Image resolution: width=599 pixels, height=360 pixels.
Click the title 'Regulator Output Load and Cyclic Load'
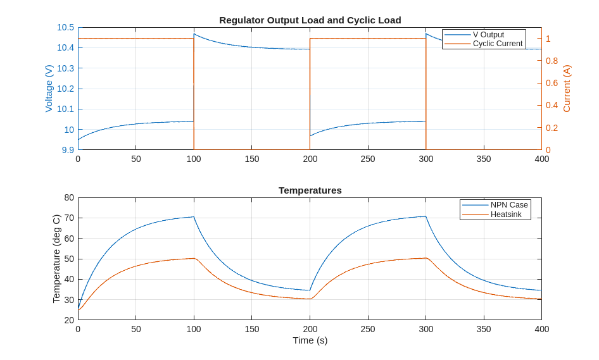tap(310, 20)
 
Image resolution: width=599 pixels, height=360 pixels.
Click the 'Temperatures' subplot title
tap(310, 190)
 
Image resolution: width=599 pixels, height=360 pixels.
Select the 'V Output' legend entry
tap(488, 35)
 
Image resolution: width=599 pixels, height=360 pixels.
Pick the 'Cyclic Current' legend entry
tap(497, 44)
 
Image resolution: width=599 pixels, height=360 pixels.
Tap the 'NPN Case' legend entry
tap(508, 205)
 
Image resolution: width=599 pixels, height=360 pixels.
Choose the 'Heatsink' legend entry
tap(506, 214)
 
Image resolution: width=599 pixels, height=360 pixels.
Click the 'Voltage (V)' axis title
tap(49, 89)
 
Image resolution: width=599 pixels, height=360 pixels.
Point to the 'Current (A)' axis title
tap(567, 89)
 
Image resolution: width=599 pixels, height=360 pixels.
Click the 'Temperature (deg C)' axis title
tap(56, 259)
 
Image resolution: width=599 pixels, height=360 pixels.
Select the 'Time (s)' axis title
tap(310, 340)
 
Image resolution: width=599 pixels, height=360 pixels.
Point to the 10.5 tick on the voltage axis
tap(65, 27)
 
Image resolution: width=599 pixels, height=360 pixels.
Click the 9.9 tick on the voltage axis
tap(68, 150)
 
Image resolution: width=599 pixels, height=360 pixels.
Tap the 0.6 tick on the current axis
tap(552, 83)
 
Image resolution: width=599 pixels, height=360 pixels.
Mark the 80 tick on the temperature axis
tap(69, 197)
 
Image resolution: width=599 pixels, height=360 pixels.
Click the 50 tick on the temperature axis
tap(69, 259)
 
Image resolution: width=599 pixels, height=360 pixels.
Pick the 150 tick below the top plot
tap(252, 159)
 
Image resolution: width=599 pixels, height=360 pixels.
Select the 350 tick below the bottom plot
tap(484, 329)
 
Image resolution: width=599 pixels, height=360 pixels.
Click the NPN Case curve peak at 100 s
tap(194, 217)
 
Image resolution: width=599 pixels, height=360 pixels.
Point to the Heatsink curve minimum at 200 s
tap(309, 299)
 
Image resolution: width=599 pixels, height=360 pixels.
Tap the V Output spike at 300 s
tap(426, 34)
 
